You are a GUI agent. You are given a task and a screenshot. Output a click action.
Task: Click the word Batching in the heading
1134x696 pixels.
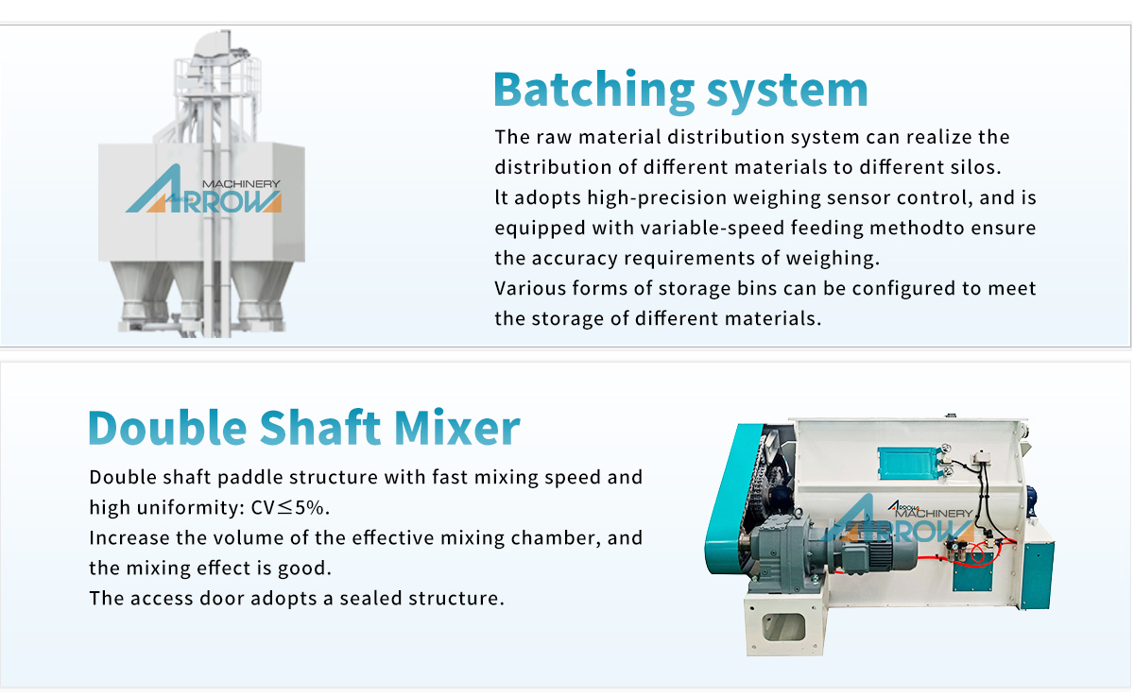[593, 90]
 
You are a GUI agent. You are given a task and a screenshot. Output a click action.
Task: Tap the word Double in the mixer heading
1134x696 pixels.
[167, 427]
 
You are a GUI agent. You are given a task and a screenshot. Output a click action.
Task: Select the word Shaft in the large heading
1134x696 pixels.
[320, 427]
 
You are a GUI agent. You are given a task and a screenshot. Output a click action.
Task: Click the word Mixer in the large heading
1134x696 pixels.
[456, 427]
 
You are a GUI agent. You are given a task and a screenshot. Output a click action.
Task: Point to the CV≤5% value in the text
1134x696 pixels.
[289, 507]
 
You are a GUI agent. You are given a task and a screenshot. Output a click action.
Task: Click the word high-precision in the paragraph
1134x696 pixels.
[657, 197]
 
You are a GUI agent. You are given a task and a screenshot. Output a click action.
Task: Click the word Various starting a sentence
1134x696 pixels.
[529, 288]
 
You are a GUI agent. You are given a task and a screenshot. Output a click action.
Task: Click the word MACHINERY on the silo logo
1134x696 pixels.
[241, 183]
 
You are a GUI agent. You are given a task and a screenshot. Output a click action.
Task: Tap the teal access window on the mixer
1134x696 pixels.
[906, 463]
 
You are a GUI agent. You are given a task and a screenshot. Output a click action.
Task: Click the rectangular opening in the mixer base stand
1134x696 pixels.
[783, 628]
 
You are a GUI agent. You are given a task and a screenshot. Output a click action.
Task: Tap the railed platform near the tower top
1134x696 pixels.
[217, 76]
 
